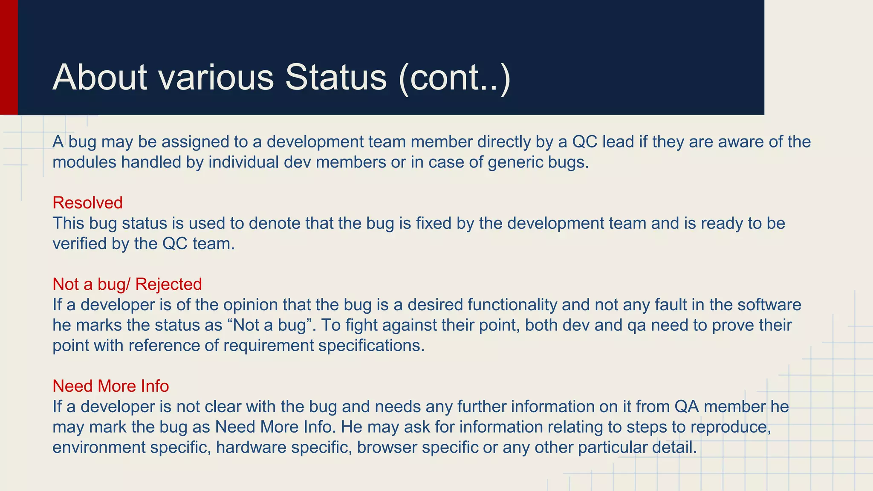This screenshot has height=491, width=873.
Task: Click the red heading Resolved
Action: point(87,203)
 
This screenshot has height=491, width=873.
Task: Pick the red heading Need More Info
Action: point(111,386)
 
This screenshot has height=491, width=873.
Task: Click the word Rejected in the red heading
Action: point(169,284)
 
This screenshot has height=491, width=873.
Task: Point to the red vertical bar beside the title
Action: point(9,57)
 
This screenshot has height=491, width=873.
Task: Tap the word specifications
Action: point(371,346)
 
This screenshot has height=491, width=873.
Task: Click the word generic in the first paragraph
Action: point(511,162)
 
